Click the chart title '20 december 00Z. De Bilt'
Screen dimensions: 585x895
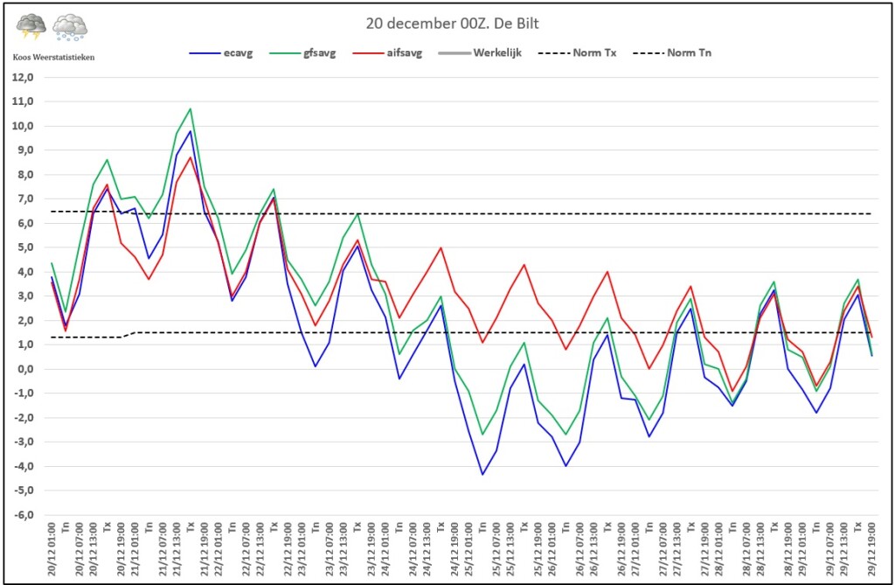pyautogui.click(x=447, y=24)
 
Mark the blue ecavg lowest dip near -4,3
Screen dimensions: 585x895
pyautogui.click(x=482, y=474)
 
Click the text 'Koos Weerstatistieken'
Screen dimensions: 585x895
pyautogui.click(x=54, y=57)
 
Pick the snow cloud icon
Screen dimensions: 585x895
pyautogui.click(x=70, y=28)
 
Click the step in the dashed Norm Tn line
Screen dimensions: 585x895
pyautogui.click(x=128, y=335)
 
